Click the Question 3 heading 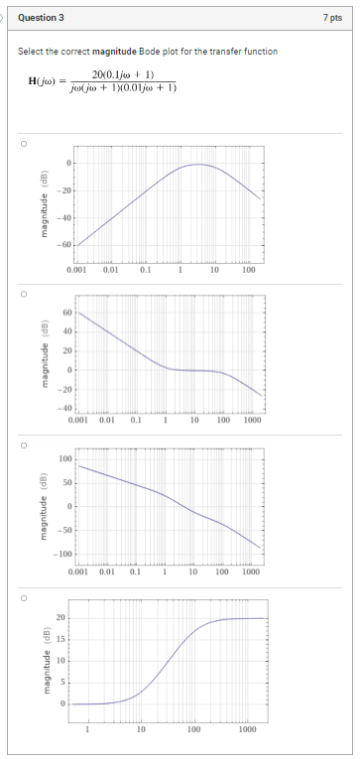click(x=41, y=17)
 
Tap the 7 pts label click(x=332, y=17)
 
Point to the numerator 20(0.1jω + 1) click(x=121, y=75)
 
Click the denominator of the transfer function click(x=122, y=87)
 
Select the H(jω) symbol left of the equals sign click(x=48, y=81)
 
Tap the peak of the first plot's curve click(x=199, y=165)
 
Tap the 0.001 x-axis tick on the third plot click(x=78, y=572)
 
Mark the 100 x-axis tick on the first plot click(x=248, y=269)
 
